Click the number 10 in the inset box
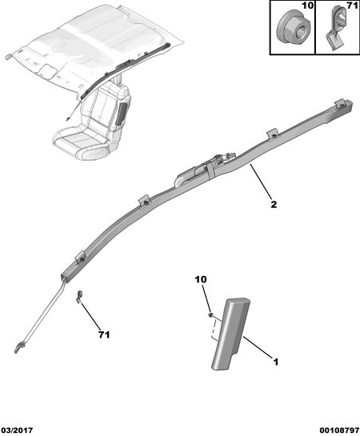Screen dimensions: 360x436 (307, 6)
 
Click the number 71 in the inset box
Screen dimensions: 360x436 (352, 6)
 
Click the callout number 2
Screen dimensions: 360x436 (274, 205)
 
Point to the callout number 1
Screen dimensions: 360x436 (275, 362)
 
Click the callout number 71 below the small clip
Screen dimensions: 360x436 (104, 334)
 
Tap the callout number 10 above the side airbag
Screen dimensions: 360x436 (201, 279)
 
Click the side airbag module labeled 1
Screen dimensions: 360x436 (230, 334)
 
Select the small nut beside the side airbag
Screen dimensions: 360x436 (210, 314)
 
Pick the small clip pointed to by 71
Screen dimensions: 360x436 (79, 297)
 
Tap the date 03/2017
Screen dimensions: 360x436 (17, 430)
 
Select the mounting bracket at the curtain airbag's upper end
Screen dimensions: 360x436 (342, 103)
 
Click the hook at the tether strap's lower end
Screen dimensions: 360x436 (18, 348)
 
